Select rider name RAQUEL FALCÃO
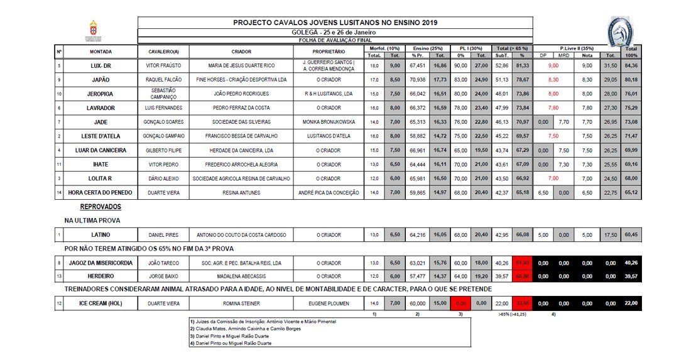coord(163,80)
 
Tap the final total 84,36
coord(631,65)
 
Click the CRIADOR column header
coord(242,51)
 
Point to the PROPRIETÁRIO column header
coord(329,51)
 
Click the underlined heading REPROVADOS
coord(101,207)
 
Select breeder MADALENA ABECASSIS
coord(242,276)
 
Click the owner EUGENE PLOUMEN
coord(329,303)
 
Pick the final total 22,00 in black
coord(631,303)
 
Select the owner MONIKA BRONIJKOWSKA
coord(329,121)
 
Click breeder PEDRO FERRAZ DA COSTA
coord(242,108)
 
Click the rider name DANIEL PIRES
coord(163,235)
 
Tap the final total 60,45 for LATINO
coord(631,235)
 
